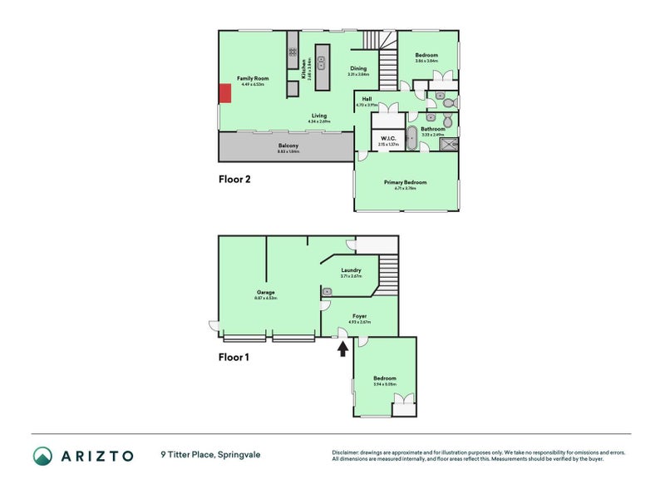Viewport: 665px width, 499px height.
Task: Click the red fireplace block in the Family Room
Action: click(x=224, y=93)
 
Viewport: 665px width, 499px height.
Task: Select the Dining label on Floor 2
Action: click(x=358, y=69)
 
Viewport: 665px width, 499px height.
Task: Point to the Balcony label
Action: click(x=288, y=146)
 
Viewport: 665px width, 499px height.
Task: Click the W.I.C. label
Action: click(x=387, y=138)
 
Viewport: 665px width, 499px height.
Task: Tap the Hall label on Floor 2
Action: click(x=367, y=99)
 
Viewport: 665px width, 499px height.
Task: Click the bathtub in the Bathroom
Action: click(x=411, y=138)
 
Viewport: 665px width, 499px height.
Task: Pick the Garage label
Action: click(x=266, y=292)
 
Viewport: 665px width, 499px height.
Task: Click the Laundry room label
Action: click(x=351, y=270)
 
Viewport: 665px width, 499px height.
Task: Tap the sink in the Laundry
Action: click(x=328, y=291)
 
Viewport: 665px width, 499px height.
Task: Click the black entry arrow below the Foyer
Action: click(x=342, y=348)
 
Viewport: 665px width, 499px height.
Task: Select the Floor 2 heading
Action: click(x=234, y=179)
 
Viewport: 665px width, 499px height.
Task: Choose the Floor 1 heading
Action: click(x=234, y=358)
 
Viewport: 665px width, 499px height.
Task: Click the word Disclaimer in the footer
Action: click(x=347, y=452)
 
